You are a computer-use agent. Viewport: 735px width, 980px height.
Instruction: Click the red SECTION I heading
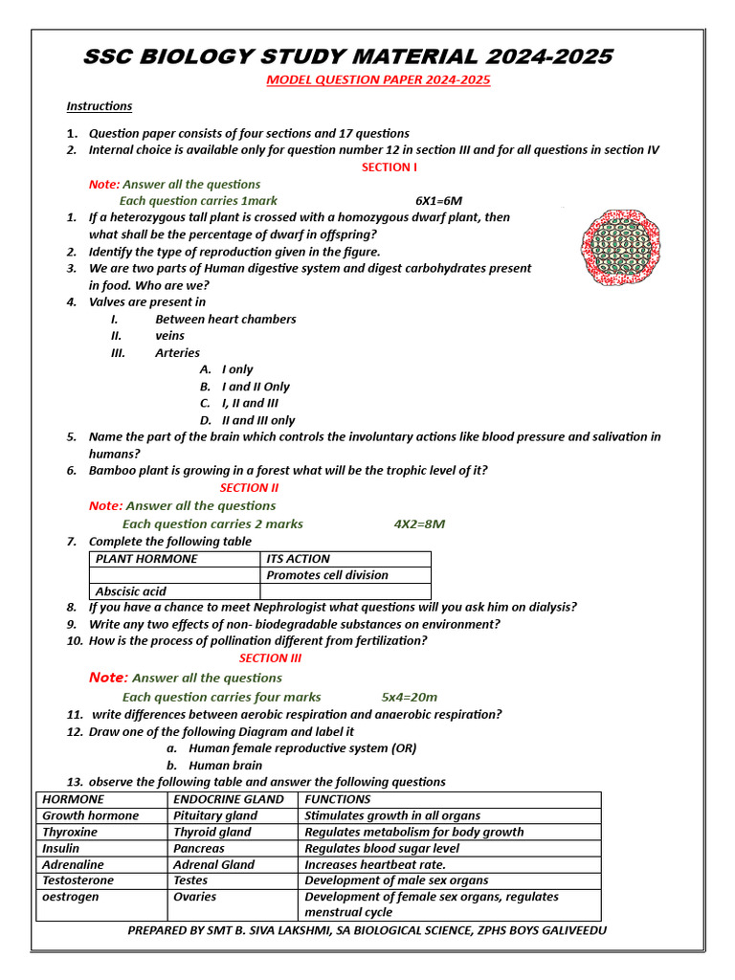pos(390,167)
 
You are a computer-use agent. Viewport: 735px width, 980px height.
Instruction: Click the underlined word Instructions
pos(100,106)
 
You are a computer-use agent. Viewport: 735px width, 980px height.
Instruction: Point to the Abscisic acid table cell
pos(131,591)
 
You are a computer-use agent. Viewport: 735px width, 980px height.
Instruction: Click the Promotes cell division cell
pos(327,575)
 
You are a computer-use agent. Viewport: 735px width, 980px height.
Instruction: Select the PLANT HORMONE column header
pos(146,559)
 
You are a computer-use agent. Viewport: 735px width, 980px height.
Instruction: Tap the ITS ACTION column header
pos(298,559)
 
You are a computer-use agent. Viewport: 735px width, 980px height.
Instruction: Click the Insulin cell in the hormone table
pos(61,849)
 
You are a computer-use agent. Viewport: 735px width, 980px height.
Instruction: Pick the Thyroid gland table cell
pos(212,833)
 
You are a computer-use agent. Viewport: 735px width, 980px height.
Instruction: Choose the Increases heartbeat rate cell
pos(375,865)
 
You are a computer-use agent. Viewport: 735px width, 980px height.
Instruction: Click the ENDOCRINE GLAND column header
pos(229,799)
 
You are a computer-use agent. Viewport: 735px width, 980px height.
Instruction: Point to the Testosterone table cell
pos(78,880)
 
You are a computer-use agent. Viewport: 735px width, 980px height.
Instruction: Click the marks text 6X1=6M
pos(438,201)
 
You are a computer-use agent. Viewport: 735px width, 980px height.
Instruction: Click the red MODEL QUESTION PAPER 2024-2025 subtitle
pos(378,80)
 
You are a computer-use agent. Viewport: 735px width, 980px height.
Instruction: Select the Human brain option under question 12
pos(225,766)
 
